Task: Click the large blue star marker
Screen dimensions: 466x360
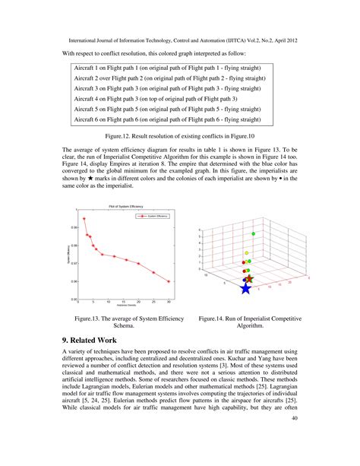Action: pyautogui.click(x=245, y=288)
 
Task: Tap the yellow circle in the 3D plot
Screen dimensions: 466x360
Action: pyautogui.click(x=247, y=252)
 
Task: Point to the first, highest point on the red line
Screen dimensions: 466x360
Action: pyautogui.click(x=84, y=219)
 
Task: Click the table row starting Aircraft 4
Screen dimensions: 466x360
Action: pyautogui.click(x=161, y=99)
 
